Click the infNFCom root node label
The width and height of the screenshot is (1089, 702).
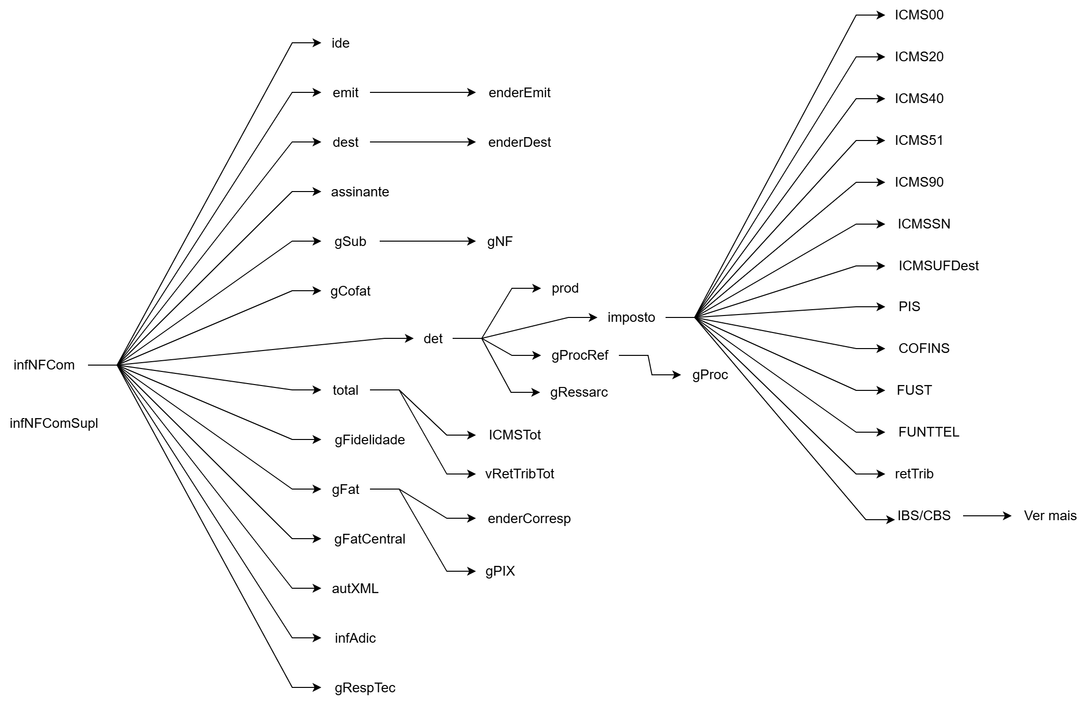point(44,365)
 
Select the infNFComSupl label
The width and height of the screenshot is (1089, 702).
point(54,423)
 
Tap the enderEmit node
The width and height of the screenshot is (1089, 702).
point(519,93)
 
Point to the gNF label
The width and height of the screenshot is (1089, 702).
point(500,242)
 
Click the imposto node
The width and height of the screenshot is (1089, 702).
point(631,317)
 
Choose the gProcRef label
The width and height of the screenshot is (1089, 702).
point(580,355)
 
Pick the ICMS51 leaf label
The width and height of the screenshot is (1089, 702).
point(919,140)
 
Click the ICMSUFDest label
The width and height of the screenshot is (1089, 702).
point(938,266)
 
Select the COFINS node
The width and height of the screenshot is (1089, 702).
point(924,349)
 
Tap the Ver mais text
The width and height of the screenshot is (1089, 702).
point(1050,516)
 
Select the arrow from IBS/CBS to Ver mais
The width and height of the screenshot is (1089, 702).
point(987,516)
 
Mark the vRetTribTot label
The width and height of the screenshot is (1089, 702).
point(519,474)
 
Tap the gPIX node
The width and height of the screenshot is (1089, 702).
point(500,571)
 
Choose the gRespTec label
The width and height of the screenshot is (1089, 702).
point(365,688)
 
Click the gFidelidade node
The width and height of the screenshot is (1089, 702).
point(369,440)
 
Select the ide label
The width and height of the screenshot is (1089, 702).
point(340,43)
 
